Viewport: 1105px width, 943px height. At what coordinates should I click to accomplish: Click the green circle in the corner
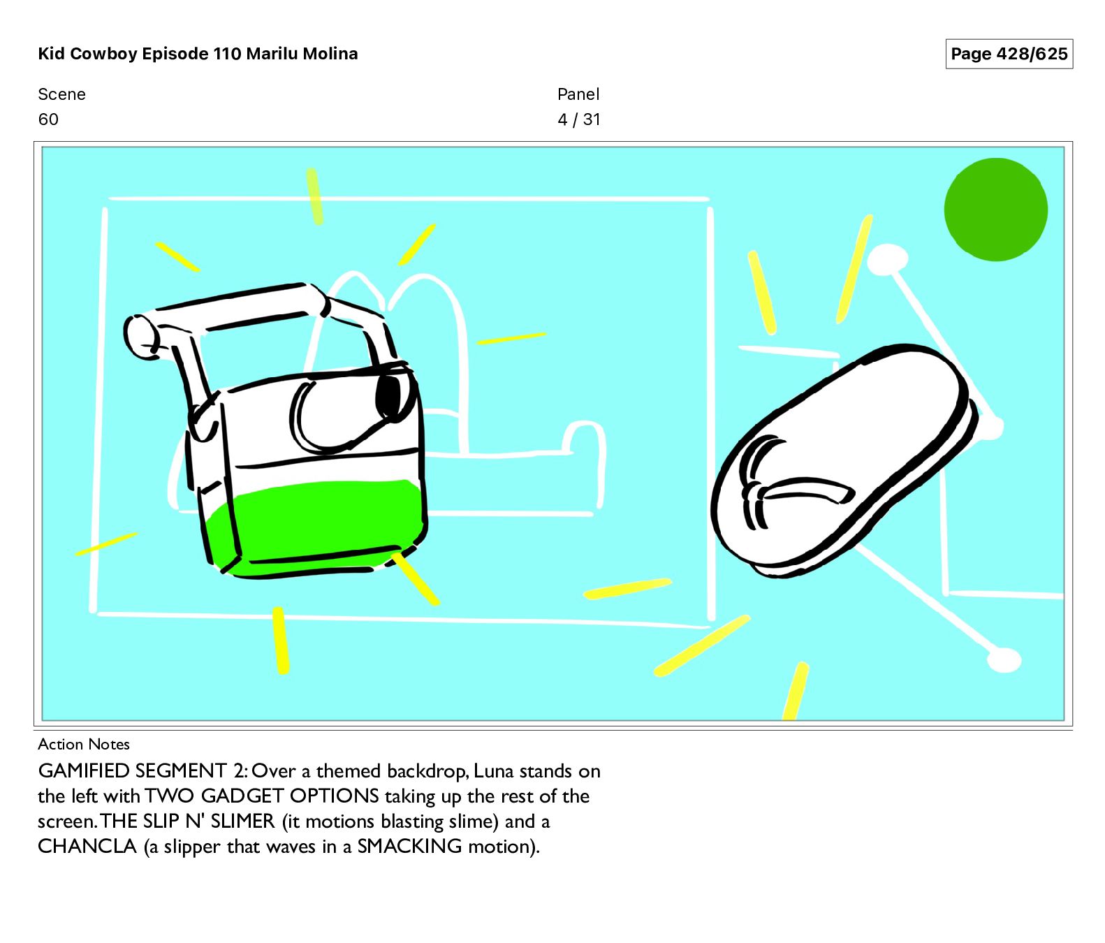[x=995, y=210]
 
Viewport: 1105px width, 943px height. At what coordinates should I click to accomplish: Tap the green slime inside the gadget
[x=318, y=528]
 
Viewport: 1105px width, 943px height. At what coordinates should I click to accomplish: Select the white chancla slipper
[x=842, y=461]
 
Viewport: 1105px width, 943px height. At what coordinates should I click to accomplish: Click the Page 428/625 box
[x=1009, y=54]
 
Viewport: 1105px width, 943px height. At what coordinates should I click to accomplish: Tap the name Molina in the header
[x=330, y=54]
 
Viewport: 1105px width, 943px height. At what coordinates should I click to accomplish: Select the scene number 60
[x=48, y=119]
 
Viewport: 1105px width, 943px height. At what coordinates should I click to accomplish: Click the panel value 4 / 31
[x=579, y=119]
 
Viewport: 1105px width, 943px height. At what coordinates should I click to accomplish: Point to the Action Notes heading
[x=84, y=744]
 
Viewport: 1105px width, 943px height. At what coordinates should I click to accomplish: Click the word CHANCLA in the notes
[x=87, y=846]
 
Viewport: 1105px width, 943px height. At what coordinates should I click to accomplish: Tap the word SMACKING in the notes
[x=409, y=846]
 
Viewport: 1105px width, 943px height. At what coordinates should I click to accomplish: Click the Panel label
[x=578, y=94]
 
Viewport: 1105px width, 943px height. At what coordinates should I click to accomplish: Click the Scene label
[x=62, y=94]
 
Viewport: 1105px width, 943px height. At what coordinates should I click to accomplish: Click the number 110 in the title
[x=227, y=54]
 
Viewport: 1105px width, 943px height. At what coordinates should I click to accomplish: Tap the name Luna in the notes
[x=494, y=770]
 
